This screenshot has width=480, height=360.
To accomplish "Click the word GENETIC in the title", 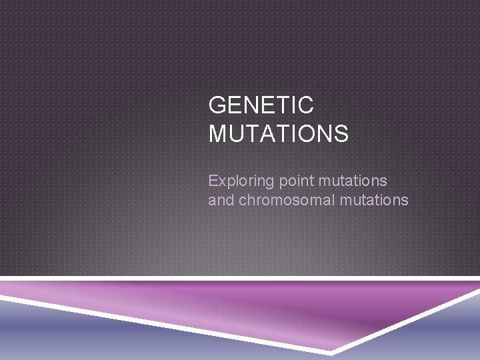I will pos(261,105).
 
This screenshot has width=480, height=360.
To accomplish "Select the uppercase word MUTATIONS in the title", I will pos(278,133).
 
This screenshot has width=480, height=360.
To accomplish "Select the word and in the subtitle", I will pos(220,200).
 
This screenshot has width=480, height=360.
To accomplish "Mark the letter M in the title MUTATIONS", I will pos(219,133).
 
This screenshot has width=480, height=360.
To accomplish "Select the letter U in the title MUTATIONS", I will pos(238,133).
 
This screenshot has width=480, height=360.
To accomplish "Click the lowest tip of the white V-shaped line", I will pos(331,351).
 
